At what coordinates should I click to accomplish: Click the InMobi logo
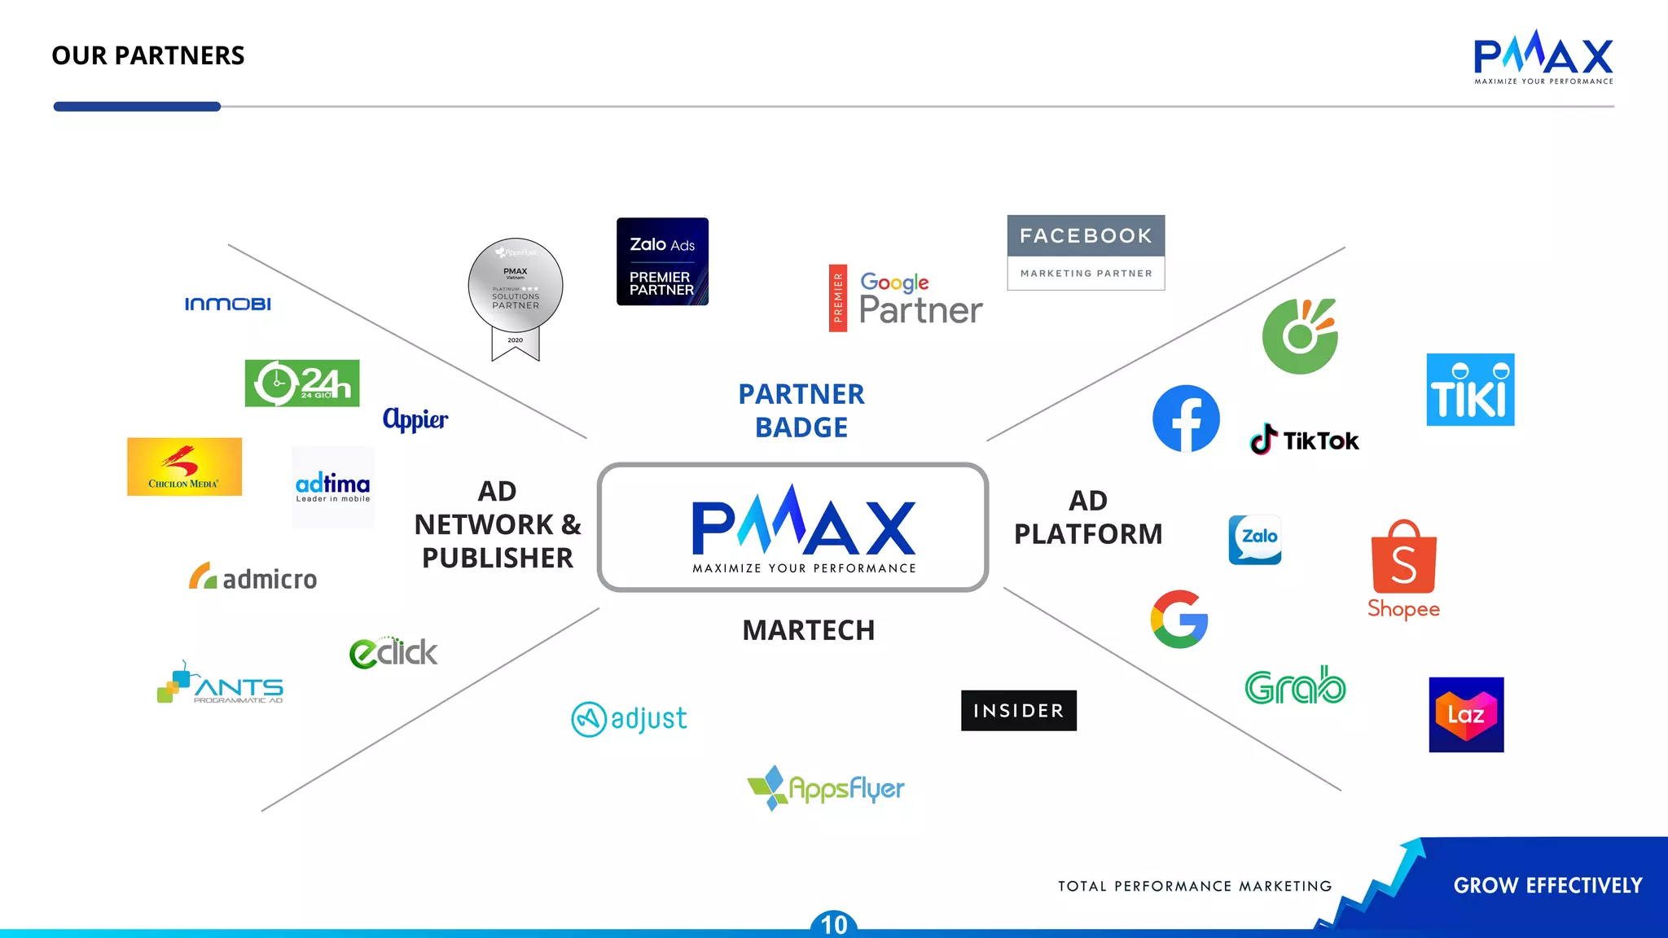point(228,304)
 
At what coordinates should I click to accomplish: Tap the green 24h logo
point(302,383)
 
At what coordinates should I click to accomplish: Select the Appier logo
point(415,419)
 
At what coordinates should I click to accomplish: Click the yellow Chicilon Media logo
point(185,467)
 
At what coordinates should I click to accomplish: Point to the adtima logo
point(332,486)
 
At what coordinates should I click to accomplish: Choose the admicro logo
point(253,578)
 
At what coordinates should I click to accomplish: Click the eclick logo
point(393,652)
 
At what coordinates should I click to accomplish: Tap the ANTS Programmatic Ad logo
point(221,684)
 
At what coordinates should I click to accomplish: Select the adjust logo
point(630,719)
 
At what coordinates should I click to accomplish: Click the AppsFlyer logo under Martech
point(826,788)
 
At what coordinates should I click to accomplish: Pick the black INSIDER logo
point(1018,711)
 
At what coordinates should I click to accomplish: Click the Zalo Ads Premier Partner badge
point(662,261)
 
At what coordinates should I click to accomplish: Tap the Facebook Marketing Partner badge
point(1086,252)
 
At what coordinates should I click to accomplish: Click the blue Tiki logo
point(1470,390)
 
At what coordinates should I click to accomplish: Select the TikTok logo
point(1304,441)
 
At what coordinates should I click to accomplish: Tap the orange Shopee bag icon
point(1403,558)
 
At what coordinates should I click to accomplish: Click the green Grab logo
point(1295,686)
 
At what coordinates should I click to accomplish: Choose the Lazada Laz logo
point(1466,715)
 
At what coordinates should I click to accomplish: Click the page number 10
point(834,925)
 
